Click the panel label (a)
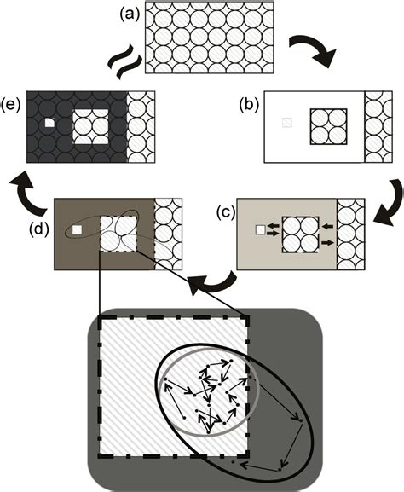coord(126,14)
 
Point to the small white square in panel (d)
coord(77,230)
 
